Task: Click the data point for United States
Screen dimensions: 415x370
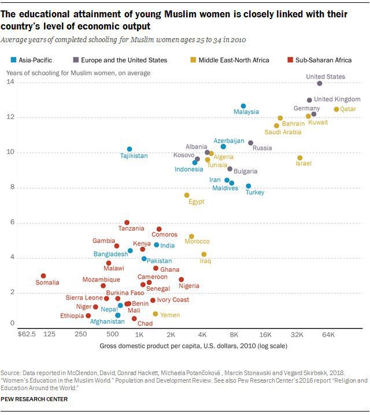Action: [320, 83]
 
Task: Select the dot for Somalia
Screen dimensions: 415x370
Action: [43, 276]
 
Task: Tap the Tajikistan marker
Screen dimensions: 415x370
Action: [129, 149]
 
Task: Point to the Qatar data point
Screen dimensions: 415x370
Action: [336, 109]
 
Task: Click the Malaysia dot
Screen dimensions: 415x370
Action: [243, 106]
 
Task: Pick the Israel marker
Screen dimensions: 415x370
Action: [300, 158]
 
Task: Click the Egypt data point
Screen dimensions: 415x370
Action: [187, 195]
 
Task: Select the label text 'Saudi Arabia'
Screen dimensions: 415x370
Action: [283, 132]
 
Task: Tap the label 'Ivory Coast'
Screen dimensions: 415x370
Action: [173, 300]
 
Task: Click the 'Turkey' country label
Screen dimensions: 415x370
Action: [254, 192]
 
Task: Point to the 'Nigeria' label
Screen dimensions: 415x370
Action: [188, 286]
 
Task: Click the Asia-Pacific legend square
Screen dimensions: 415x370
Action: [13, 60]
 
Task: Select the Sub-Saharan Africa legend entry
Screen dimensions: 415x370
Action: [318, 60]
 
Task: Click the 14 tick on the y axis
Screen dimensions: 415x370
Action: [10, 83]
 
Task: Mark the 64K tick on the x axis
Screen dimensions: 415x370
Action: [328, 335]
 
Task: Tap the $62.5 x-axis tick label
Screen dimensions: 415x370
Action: [27, 335]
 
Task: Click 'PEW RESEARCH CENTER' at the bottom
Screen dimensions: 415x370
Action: [34, 399]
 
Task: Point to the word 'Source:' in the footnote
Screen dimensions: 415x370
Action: [12, 374]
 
